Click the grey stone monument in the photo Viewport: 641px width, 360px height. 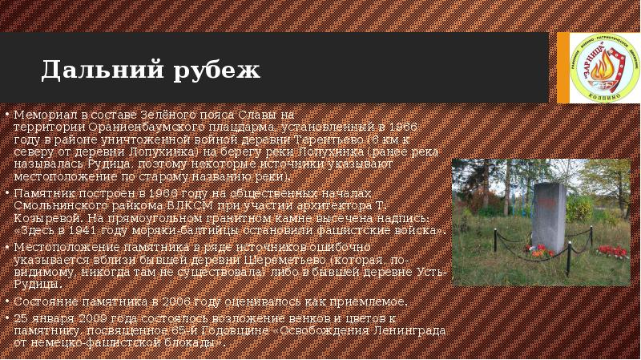pos(549,215)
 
